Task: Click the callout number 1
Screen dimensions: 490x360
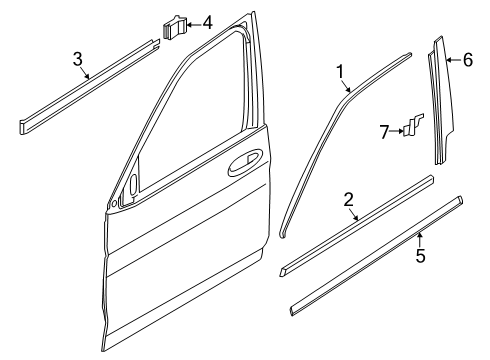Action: click(x=340, y=72)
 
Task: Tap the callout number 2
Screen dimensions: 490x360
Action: click(x=348, y=200)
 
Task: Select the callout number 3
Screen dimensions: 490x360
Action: click(x=77, y=59)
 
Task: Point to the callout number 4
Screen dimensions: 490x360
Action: click(x=207, y=23)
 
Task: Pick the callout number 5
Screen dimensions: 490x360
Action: click(x=420, y=255)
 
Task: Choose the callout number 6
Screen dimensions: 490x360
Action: click(x=468, y=60)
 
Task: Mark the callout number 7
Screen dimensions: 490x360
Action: click(x=385, y=132)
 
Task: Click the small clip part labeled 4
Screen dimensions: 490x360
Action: click(x=175, y=27)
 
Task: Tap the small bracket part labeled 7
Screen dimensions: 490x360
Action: click(x=413, y=125)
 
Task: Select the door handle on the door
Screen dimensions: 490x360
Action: click(x=244, y=163)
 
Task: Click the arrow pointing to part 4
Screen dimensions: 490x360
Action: click(x=194, y=24)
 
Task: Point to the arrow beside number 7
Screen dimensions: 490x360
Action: click(x=397, y=131)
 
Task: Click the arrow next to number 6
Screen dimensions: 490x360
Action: click(x=454, y=60)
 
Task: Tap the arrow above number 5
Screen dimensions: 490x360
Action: click(x=420, y=239)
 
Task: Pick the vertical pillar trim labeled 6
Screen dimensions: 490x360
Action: click(x=441, y=100)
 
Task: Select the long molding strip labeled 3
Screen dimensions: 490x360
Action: click(x=89, y=86)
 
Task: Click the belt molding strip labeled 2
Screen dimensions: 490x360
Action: click(x=357, y=225)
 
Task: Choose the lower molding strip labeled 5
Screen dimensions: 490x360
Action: click(x=376, y=256)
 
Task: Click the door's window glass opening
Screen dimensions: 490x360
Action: click(x=193, y=120)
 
